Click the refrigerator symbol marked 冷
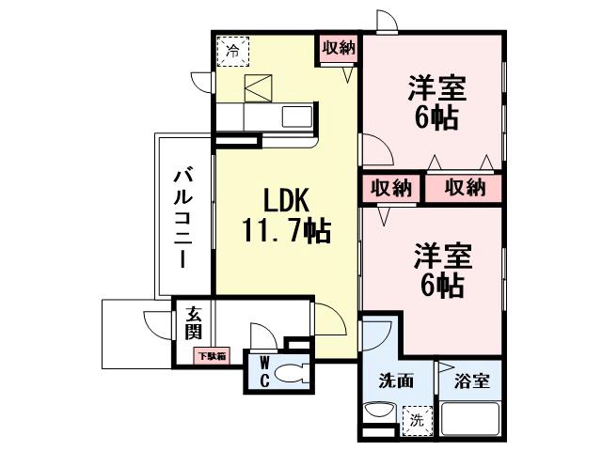click(x=230, y=51)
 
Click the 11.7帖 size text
click(x=287, y=231)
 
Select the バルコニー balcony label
click(x=184, y=217)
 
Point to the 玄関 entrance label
click(x=193, y=322)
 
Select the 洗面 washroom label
click(x=393, y=383)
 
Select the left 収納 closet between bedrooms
click(x=390, y=187)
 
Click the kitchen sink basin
click(x=296, y=117)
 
